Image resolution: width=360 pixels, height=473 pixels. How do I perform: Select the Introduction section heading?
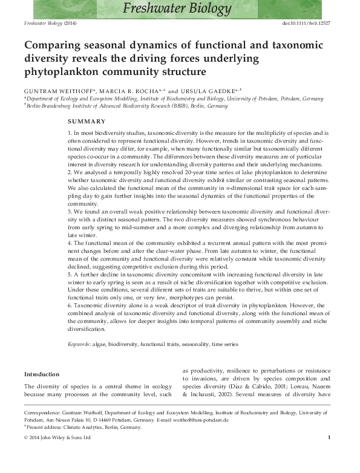[x=42, y=374]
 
